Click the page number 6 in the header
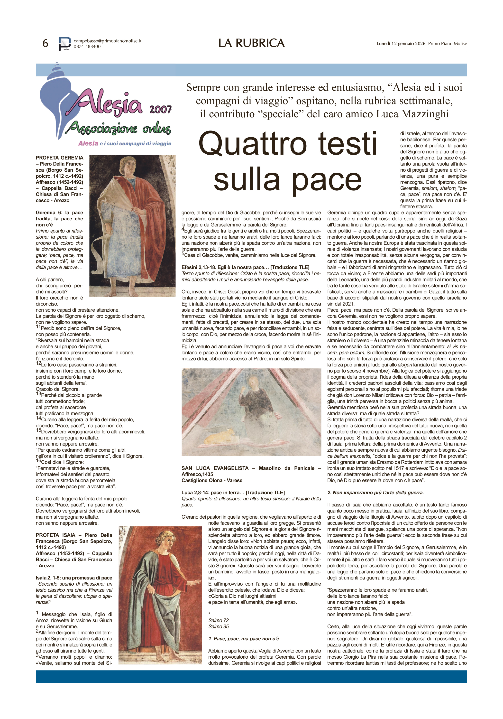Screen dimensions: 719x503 (x=46, y=43)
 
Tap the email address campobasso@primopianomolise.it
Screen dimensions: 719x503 (x=107, y=41)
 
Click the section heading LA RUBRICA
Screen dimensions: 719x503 (x=251, y=43)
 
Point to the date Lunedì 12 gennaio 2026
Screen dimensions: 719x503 (x=401, y=44)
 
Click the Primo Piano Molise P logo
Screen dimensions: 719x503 (x=65, y=44)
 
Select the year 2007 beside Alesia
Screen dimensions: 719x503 (x=160, y=109)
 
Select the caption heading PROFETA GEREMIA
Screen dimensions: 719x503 (x=59, y=158)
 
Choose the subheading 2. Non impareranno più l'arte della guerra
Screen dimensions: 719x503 (x=375, y=493)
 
